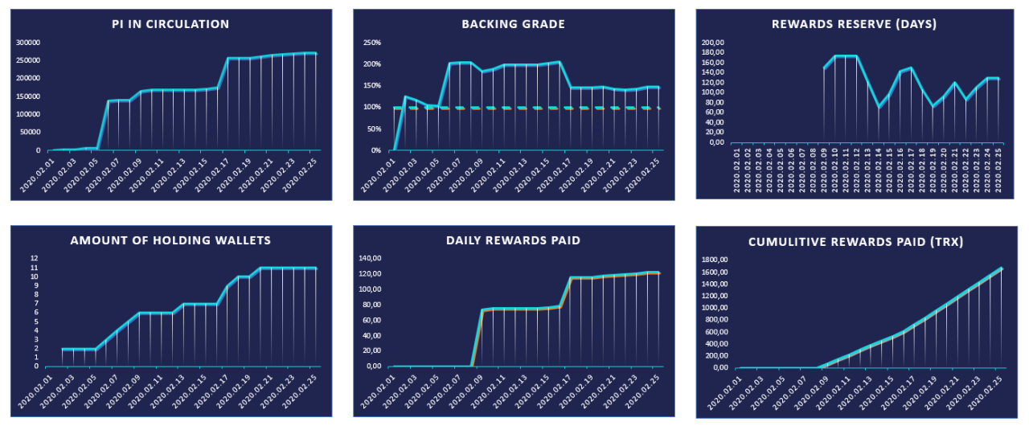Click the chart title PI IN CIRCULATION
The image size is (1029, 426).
(x=170, y=24)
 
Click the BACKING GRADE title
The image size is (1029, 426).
(x=513, y=24)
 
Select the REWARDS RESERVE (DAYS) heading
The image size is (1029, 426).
(x=854, y=24)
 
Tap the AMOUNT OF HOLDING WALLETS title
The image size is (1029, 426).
(x=170, y=240)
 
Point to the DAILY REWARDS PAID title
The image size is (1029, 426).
(x=513, y=240)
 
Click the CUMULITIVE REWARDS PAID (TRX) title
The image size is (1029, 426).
(x=855, y=242)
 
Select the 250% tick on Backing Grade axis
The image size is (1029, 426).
(x=371, y=43)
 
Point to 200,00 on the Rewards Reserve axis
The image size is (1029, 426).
(x=713, y=43)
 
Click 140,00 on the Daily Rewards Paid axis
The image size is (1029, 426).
(x=370, y=259)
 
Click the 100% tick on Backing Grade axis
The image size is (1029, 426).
(x=371, y=108)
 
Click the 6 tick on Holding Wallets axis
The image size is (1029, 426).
(x=35, y=313)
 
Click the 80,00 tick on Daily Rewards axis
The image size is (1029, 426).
(x=372, y=305)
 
